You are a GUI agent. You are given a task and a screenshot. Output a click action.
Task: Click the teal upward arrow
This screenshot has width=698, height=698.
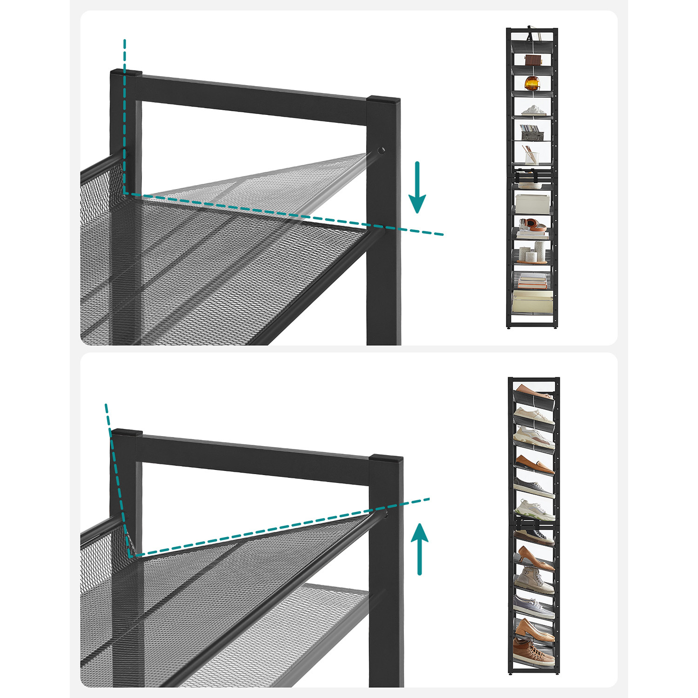(420, 549)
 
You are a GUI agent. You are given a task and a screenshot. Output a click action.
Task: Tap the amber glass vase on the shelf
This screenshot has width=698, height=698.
(532, 83)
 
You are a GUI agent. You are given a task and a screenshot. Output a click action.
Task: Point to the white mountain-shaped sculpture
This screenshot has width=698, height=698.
(533, 110)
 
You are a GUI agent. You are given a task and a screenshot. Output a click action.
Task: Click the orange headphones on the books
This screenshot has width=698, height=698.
(532, 225)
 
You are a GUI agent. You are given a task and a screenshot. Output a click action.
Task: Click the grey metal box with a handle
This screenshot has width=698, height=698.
(532, 134)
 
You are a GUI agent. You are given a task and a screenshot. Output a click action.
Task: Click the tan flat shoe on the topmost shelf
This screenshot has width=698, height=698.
(533, 391)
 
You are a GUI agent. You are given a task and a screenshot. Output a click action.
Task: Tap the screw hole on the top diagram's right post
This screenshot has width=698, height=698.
(381, 150)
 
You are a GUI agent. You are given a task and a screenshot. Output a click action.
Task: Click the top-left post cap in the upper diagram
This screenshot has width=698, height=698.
(126, 73)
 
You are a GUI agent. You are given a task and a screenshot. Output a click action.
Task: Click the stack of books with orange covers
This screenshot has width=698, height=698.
(532, 281)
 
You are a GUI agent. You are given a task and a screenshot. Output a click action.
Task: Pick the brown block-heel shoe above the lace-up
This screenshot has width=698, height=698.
(534, 628)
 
